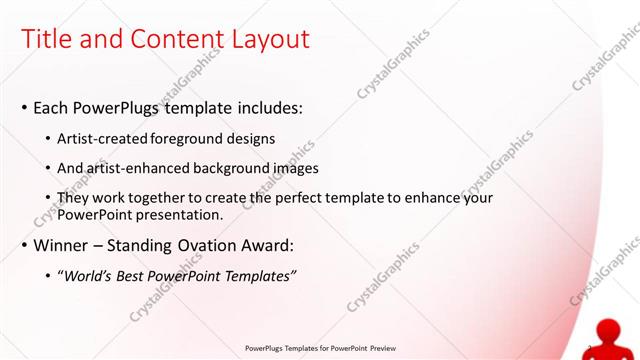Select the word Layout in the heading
(267, 39)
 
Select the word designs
(254, 138)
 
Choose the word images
(296, 168)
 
